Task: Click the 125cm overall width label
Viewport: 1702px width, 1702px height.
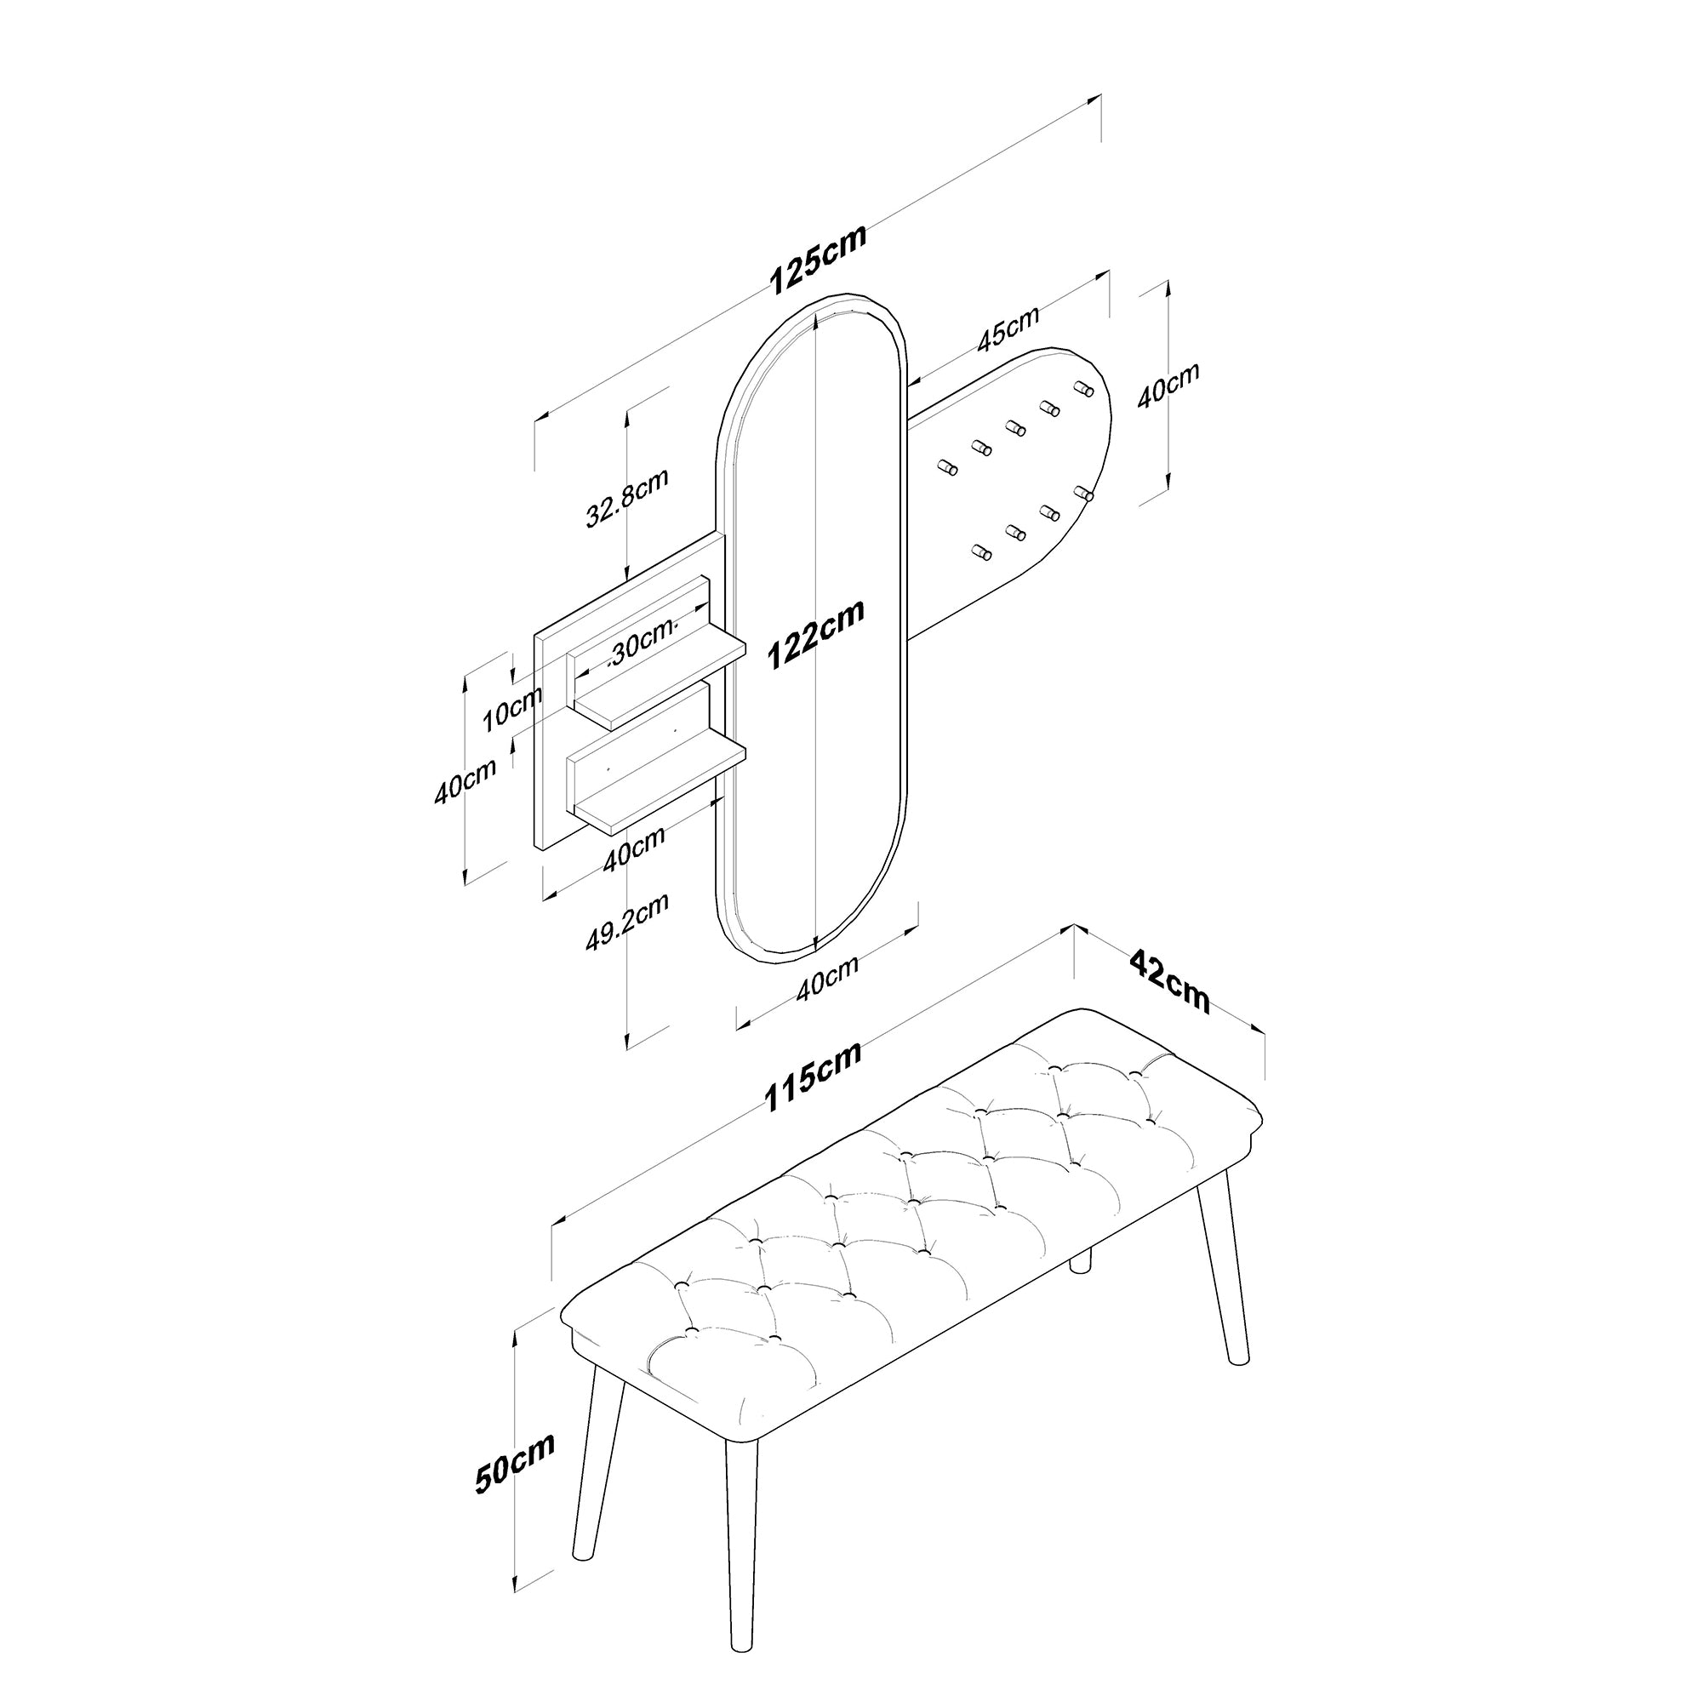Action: (x=819, y=258)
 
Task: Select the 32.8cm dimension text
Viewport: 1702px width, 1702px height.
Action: (x=627, y=497)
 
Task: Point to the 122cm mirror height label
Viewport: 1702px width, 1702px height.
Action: (x=815, y=633)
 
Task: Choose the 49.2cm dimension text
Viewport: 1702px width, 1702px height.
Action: (x=627, y=922)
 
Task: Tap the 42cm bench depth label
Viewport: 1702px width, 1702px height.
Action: (x=1170, y=980)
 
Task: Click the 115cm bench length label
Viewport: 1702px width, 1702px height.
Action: (x=811, y=1077)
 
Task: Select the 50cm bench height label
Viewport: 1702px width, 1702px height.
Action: (x=516, y=1463)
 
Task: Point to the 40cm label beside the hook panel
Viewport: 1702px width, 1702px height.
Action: (x=1168, y=385)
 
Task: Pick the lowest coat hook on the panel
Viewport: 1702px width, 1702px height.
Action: (x=980, y=552)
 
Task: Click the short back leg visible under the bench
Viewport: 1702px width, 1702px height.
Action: (x=1080, y=1261)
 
